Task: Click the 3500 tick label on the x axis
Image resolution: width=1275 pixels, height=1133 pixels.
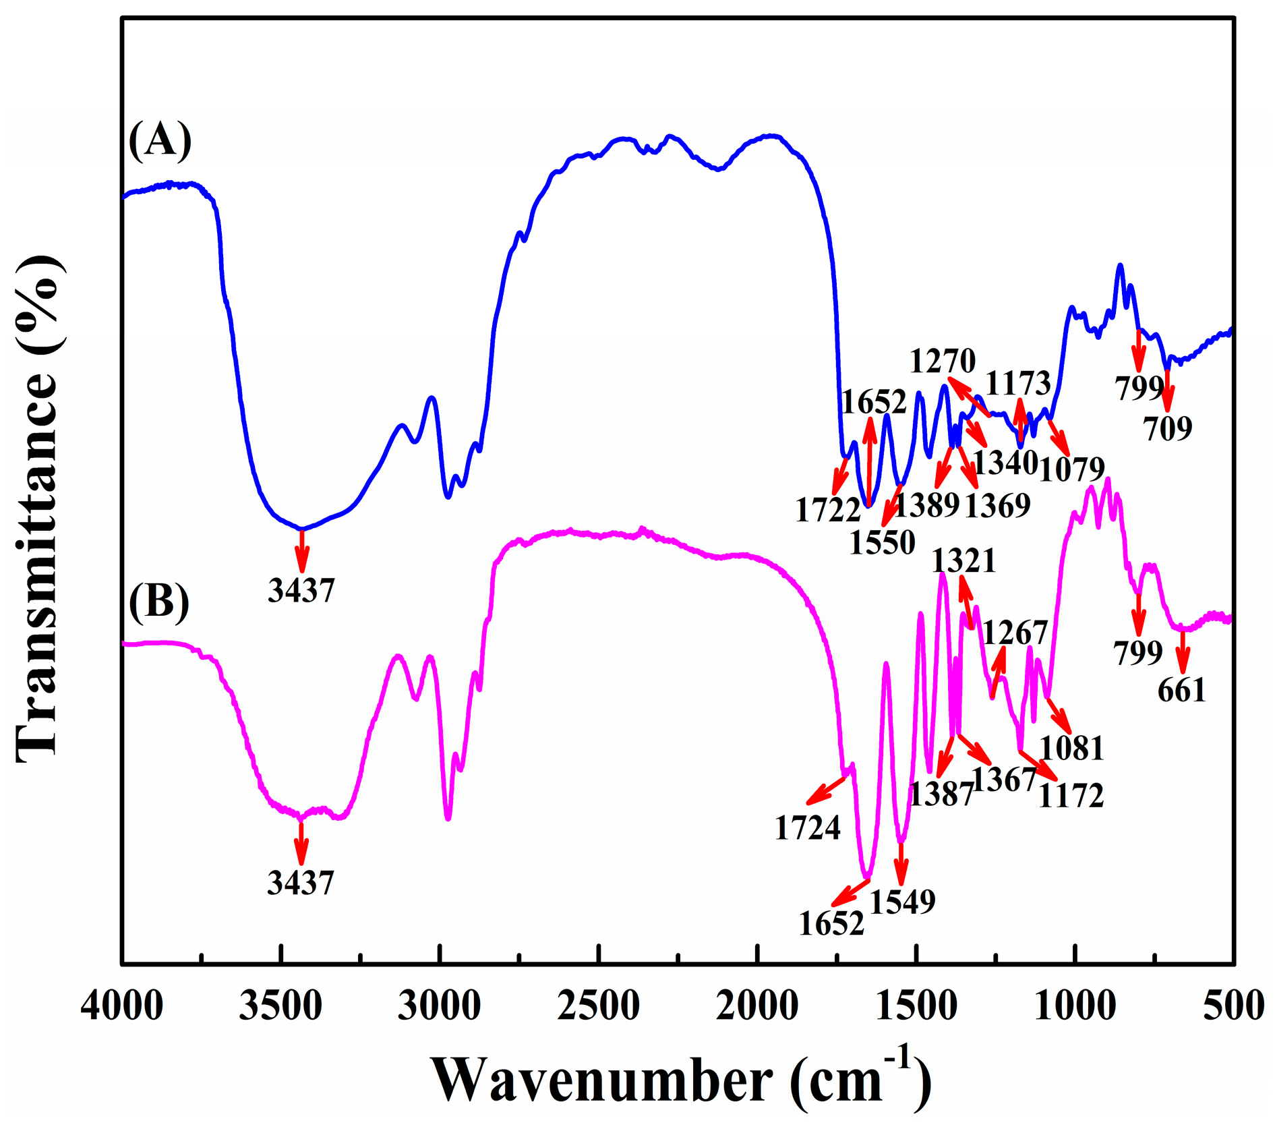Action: click(280, 1006)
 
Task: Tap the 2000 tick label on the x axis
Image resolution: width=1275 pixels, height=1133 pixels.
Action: click(757, 1006)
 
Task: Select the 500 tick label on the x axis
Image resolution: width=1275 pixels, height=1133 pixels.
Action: click(1235, 1006)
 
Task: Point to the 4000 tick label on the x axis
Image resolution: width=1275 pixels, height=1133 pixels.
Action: click(122, 1006)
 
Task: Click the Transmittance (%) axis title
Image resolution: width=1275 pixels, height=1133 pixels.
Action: click(39, 509)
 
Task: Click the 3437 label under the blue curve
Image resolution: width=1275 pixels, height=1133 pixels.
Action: click(301, 591)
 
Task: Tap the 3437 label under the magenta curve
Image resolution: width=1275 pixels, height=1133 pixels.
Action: click(301, 883)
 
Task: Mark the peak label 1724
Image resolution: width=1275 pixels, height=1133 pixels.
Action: click(808, 827)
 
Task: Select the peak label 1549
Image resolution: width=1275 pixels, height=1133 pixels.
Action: click(903, 901)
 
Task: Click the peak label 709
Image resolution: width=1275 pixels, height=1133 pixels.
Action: click(1168, 428)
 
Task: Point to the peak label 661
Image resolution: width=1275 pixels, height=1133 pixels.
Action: click(1181, 690)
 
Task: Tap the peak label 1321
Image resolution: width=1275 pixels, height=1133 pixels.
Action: click(964, 560)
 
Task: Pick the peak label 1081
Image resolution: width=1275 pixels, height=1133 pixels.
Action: click(1072, 748)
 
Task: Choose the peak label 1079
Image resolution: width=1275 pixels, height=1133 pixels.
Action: click(1072, 469)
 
